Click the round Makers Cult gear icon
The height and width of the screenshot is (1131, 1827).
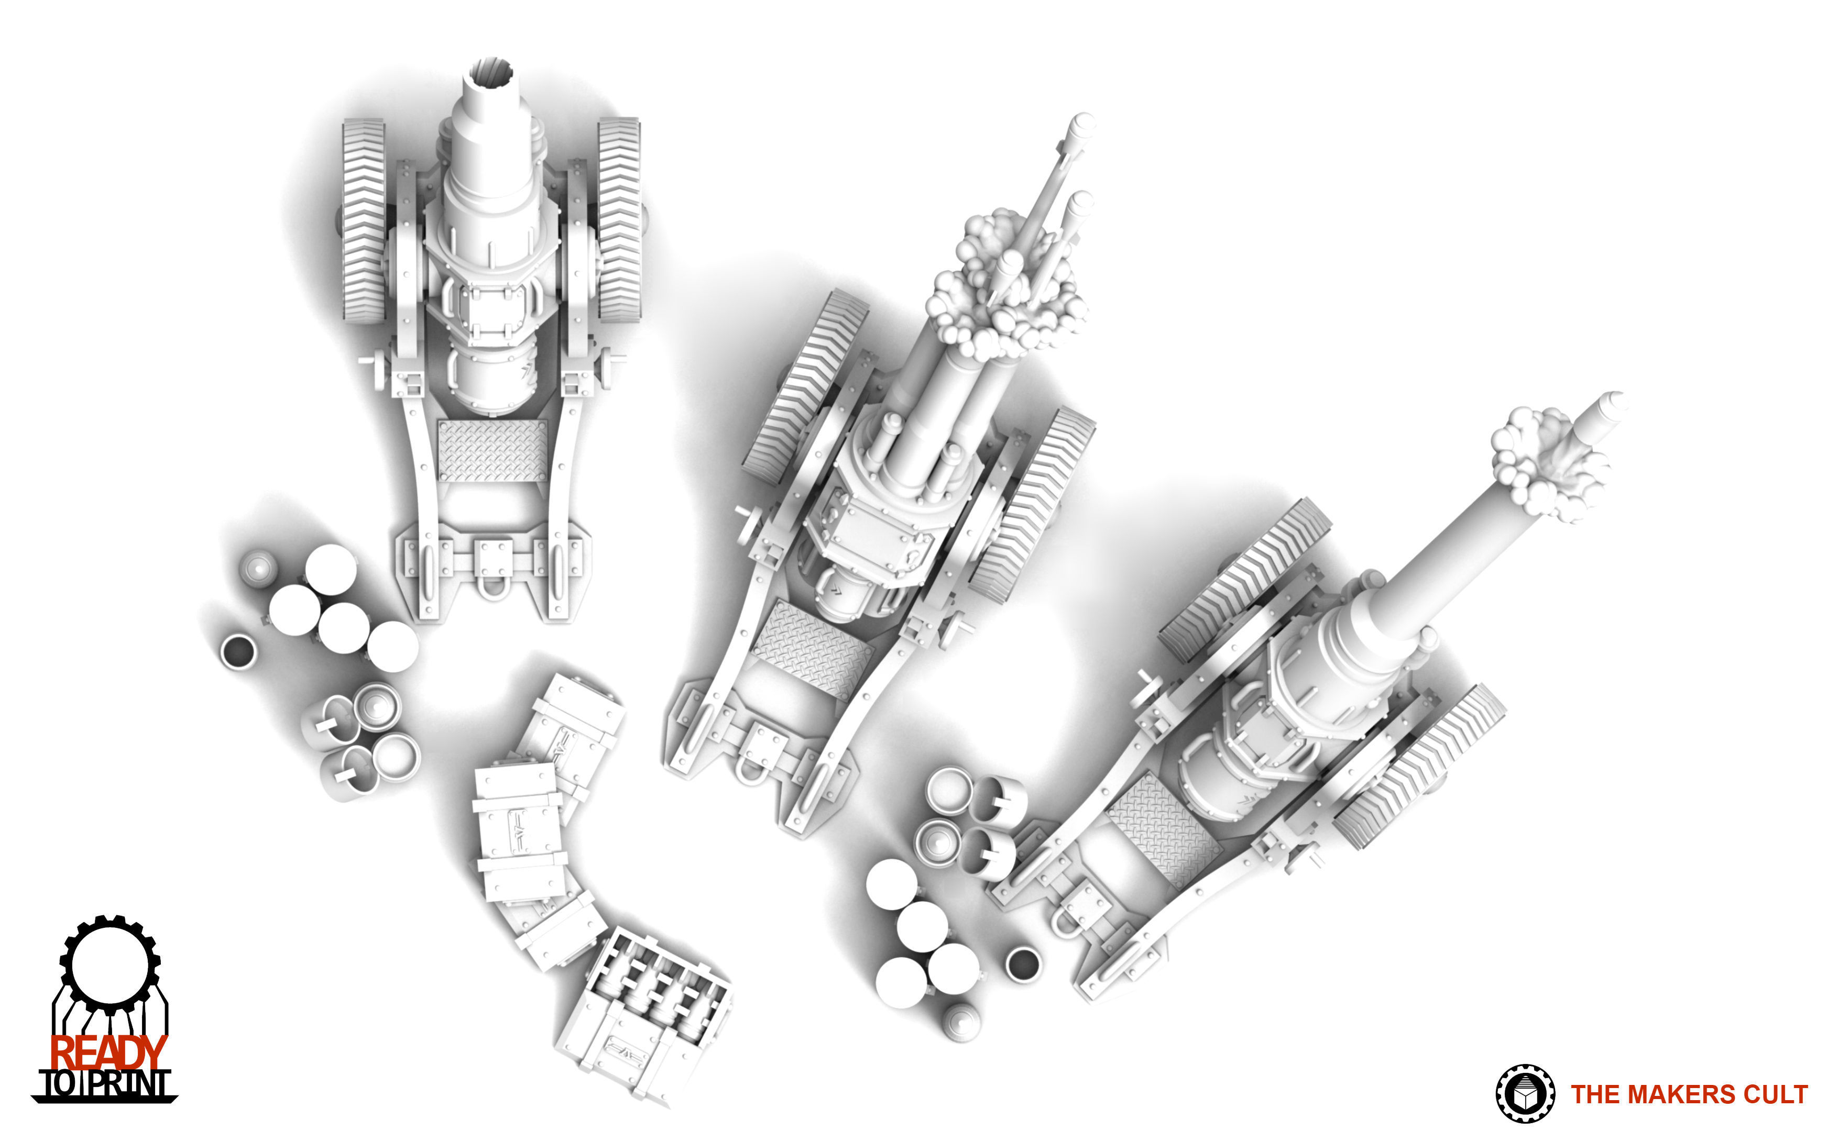1525,1094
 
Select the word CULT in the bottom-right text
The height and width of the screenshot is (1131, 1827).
1775,1094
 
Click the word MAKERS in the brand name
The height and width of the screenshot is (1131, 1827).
1683,1094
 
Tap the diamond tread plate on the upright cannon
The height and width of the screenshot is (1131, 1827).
493,450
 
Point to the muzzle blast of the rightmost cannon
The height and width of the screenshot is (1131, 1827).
1546,464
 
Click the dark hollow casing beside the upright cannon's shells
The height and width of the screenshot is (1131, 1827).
238,651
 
